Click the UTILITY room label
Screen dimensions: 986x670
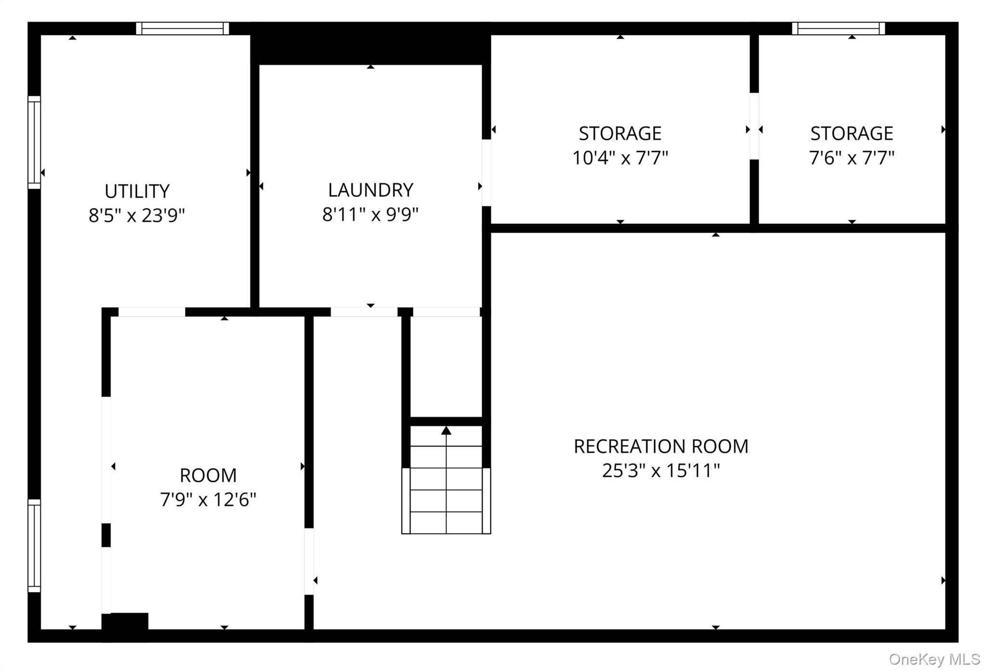(137, 192)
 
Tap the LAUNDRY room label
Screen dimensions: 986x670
(371, 190)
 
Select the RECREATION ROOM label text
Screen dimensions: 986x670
(661, 447)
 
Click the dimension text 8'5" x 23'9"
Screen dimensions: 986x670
(137, 215)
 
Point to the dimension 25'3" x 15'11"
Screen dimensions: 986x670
(661, 470)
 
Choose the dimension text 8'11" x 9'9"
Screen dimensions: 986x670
(371, 214)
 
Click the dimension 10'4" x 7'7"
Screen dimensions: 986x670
(620, 157)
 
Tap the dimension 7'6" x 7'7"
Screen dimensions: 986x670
(852, 157)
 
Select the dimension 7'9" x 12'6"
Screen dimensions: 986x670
(208, 500)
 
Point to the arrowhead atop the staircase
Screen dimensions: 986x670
(446, 430)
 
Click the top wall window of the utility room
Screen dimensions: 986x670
(182, 28)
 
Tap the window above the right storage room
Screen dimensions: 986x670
(839, 28)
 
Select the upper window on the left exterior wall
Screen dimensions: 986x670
(34, 142)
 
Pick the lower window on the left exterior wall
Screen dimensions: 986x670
(34, 546)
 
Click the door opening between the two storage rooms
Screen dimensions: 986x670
(754, 126)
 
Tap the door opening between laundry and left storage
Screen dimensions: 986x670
(487, 173)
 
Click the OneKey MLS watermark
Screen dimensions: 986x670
(934, 659)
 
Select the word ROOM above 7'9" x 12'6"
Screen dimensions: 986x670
(208, 476)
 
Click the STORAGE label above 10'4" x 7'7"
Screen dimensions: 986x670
(620, 133)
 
